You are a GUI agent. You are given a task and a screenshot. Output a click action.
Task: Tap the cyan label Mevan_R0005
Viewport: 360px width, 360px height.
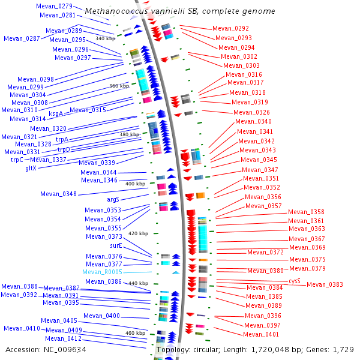click(x=102, y=272)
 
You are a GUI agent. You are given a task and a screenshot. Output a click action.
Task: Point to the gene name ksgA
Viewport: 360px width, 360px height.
click(x=56, y=113)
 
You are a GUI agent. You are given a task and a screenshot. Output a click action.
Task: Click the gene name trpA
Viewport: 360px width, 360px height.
click(x=62, y=139)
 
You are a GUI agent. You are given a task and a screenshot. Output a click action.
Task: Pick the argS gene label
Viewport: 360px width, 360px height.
click(x=113, y=199)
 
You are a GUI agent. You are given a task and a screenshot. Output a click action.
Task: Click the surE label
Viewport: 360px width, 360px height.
click(x=116, y=246)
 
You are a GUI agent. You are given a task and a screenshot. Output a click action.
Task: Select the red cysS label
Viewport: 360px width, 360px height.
click(x=294, y=280)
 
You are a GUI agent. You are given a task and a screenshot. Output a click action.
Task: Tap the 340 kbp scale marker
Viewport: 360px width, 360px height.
click(x=105, y=38)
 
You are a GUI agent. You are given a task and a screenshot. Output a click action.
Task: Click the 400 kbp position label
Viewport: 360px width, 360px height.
click(x=135, y=184)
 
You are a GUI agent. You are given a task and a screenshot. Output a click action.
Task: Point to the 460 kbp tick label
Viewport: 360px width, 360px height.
click(x=135, y=333)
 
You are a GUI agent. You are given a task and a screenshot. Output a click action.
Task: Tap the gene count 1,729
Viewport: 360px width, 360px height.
click(x=343, y=349)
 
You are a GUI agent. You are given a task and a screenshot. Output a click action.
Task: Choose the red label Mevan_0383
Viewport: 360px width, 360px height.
click(x=325, y=284)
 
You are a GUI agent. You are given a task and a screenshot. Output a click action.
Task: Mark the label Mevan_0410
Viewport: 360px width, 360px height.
click(x=22, y=328)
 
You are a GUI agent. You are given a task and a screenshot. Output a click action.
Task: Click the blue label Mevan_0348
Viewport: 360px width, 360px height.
click(x=58, y=194)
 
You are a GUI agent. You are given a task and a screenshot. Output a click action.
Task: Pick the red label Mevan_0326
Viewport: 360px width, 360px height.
click(x=251, y=112)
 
